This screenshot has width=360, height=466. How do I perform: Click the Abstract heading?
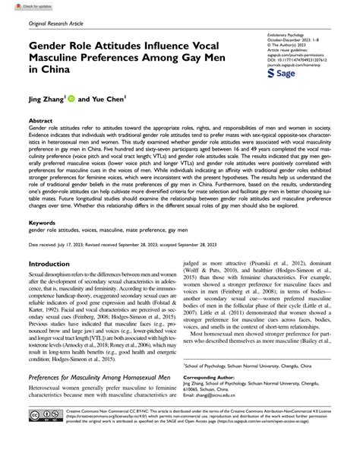[40, 121]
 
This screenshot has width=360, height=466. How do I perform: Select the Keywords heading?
[42, 223]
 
